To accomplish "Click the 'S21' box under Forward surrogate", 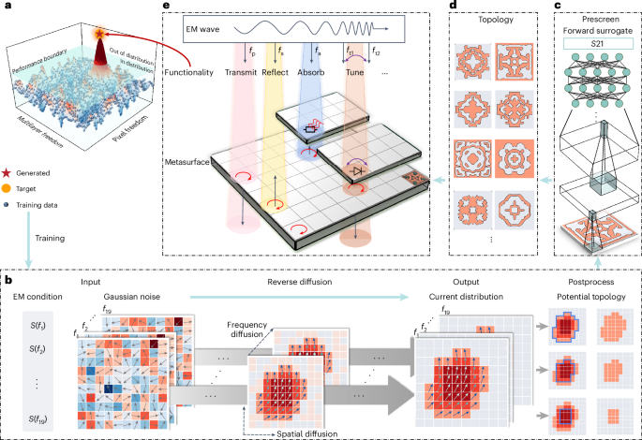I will [x=596, y=44].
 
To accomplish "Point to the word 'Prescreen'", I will [x=596, y=16].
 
